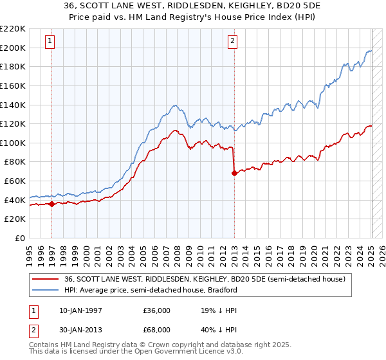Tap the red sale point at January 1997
51,204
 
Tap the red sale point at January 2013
234,173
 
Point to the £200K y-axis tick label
13,48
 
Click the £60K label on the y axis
15,181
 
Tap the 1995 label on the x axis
30,251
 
